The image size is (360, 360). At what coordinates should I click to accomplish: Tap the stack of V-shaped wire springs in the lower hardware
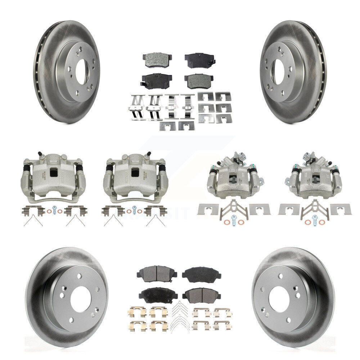coord(179,316)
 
